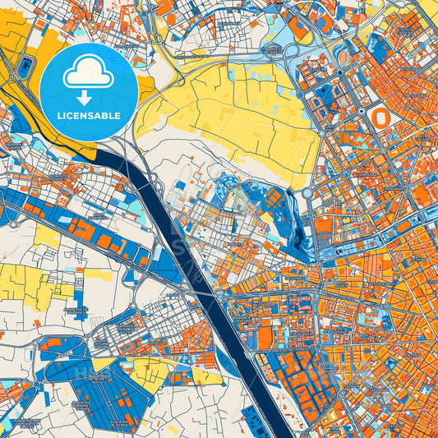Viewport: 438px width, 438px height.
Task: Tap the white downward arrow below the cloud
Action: tap(89, 97)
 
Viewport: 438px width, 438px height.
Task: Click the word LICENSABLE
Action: tap(89, 114)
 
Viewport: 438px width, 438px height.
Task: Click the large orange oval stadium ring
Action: tap(380, 118)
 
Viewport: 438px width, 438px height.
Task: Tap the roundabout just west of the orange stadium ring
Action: tap(339, 73)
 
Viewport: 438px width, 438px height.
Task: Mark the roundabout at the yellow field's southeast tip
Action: tap(307, 194)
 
